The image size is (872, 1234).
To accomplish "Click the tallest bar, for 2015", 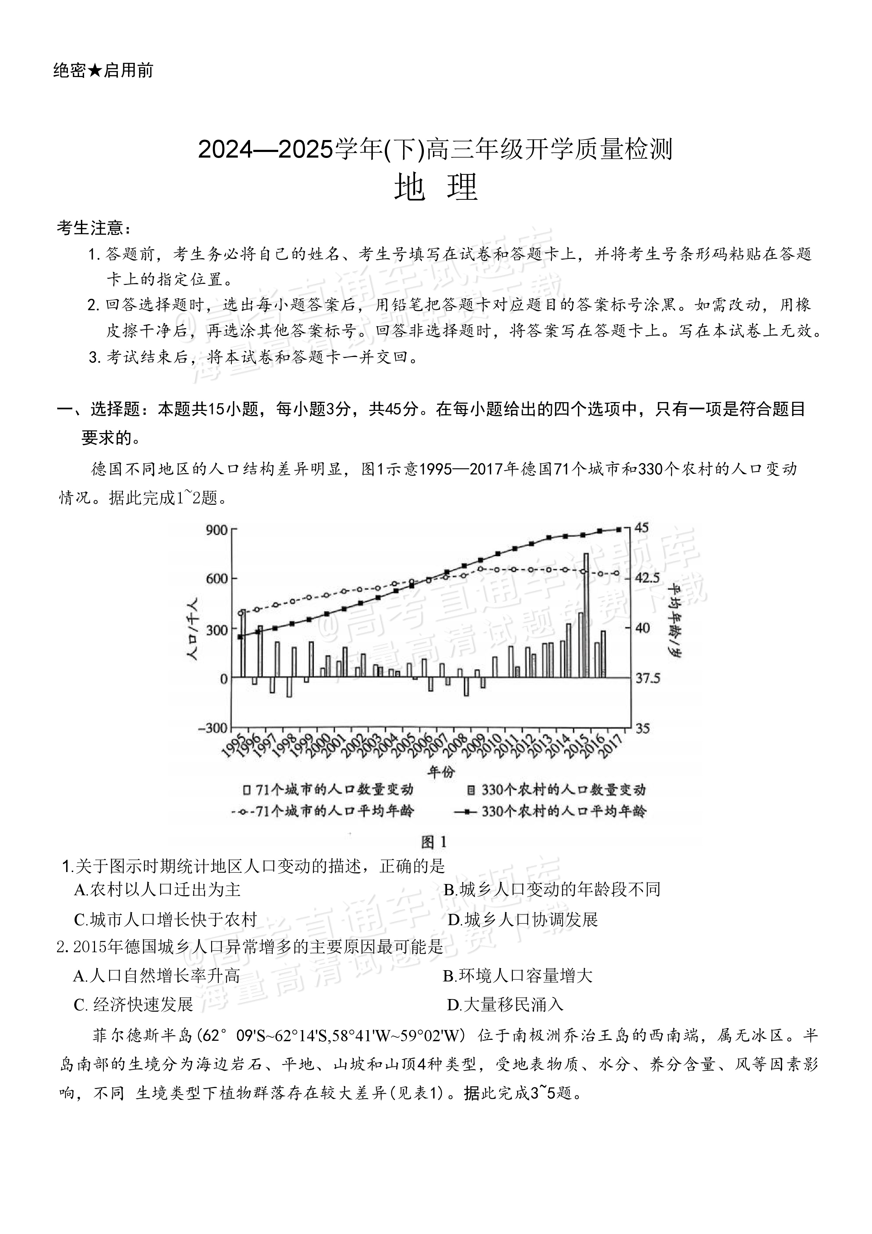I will click(x=586, y=615).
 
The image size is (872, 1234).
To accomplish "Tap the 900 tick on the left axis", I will click(x=217, y=530).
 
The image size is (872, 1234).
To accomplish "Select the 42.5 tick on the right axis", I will click(x=648, y=578).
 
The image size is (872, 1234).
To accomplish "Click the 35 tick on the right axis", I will click(x=643, y=728).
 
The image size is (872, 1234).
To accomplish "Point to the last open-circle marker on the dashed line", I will click(x=617, y=573).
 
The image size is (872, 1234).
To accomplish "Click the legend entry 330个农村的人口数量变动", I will click(x=556, y=789).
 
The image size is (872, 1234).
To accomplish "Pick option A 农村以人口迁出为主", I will click(x=158, y=890).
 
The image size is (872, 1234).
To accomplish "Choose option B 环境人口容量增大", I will click(x=517, y=975).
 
